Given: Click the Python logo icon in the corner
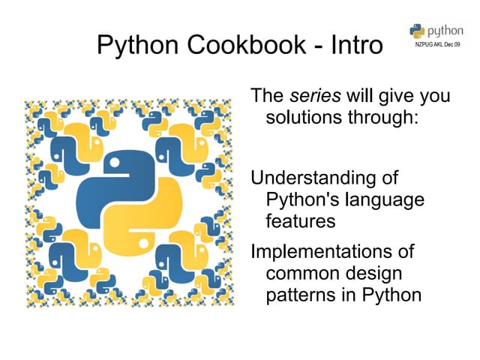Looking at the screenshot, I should click(x=417, y=30).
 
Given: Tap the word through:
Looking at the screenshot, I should click(x=382, y=118).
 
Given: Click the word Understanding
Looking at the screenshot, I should click(x=323, y=178).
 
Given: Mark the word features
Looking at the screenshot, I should click(x=300, y=222).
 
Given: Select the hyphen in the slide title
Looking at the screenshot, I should click(x=318, y=46).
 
